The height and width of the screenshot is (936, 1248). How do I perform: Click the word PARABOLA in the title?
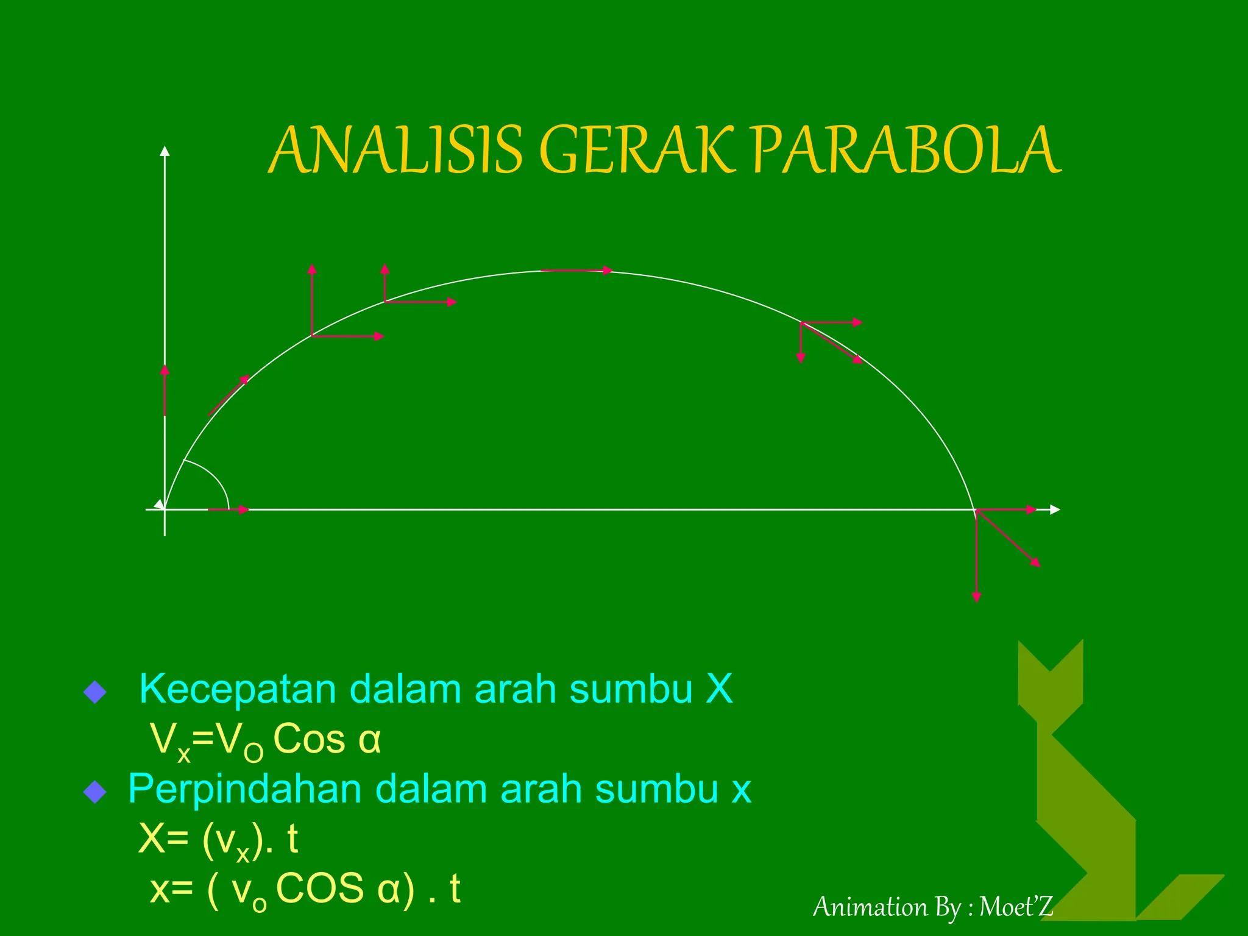[x=907, y=150]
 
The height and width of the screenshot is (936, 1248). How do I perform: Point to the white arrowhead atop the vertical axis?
[x=165, y=151]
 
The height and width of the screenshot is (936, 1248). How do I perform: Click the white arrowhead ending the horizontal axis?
[x=1055, y=509]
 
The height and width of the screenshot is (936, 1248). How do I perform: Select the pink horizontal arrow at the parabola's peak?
[x=576, y=271]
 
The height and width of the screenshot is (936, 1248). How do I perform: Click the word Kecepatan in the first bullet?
[x=238, y=690]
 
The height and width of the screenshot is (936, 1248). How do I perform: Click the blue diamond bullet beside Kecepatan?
[x=95, y=692]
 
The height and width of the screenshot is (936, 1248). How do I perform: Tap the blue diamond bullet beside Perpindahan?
[x=95, y=792]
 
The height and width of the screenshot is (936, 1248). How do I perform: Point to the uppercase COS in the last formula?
[x=321, y=888]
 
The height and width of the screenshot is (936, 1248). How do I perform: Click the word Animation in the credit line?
[x=870, y=907]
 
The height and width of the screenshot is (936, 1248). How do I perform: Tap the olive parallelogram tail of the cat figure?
[x=1180, y=896]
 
